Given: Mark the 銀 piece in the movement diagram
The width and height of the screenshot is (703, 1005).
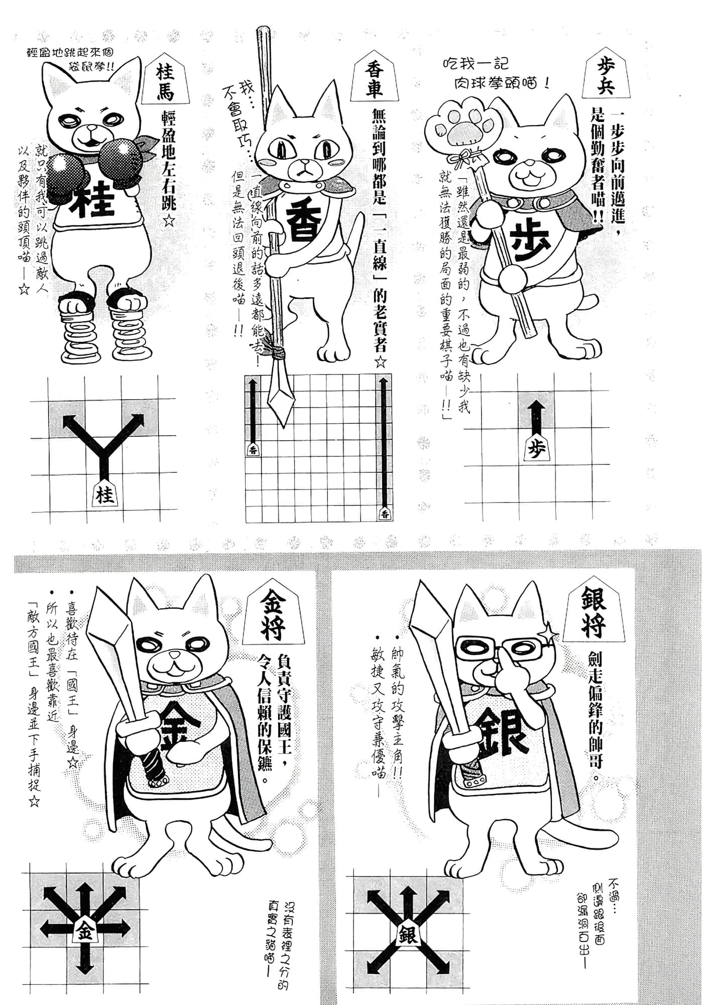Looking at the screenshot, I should (x=409, y=934).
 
